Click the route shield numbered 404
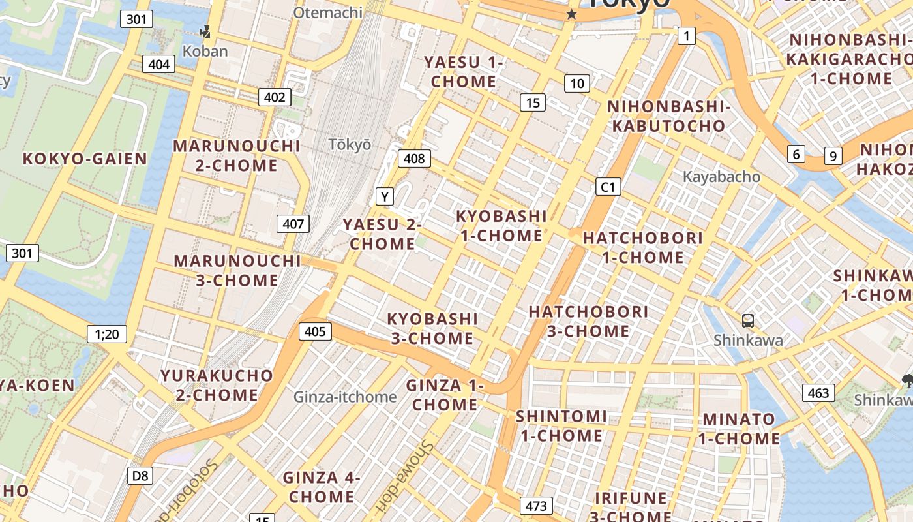[158, 64]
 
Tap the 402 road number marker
[275, 97]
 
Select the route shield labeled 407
[293, 224]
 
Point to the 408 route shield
[414, 158]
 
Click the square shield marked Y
[385, 196]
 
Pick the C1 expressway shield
[608, 187]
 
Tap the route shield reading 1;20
[107, 335]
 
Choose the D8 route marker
[140, 476]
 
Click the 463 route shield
[818, 393]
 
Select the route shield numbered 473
[536, 506]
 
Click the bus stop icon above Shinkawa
[748, 320]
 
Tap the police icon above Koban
[205, 31]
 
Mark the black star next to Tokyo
[572, 14]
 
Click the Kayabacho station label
[721, 177]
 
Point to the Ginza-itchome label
[345, 397]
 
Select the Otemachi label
[327, 12]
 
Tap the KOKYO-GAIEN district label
[85, 159]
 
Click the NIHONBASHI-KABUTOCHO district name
[668, 116]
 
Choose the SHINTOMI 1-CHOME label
[561, 425]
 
